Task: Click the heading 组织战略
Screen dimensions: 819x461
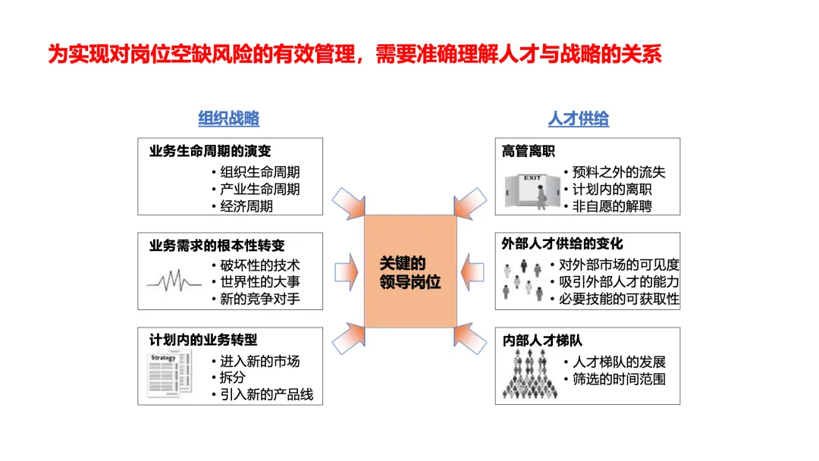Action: click(229, 118)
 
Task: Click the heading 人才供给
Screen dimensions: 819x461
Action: click(579, 119)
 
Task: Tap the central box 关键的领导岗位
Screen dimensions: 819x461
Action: click(410, 272)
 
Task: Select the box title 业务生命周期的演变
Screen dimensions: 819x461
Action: click(210, 151)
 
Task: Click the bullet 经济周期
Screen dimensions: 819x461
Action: click(246, 206)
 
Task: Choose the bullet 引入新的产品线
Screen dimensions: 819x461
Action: click(266, 395)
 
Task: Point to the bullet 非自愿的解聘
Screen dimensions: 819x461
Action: click(611, 206)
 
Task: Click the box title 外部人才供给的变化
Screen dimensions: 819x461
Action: click(562, 244)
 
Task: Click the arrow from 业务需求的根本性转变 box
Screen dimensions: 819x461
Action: click(346, 271)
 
